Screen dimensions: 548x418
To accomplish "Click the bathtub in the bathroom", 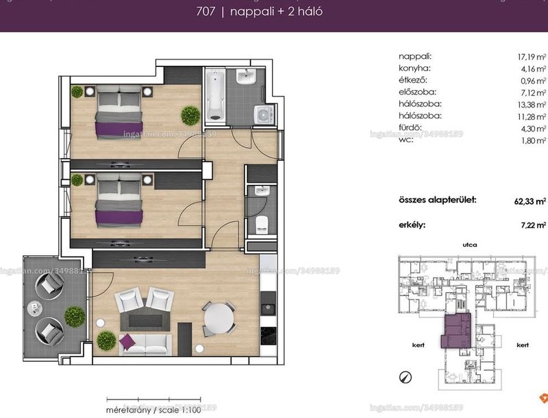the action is click(x=214, y=95).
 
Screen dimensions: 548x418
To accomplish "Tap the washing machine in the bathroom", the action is click(x=264, y=114).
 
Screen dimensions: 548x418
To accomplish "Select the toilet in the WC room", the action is click(x=262, y=224).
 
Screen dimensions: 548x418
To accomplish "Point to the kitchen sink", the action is click(x=268, y=308).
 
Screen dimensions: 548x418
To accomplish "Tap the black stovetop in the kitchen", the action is click(x=268, y=336).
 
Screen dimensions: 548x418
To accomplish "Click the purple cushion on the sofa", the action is click(x=127, y=341).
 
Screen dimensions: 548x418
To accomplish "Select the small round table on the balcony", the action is click(x=35, y=309).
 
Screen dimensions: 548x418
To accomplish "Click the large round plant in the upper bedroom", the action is click(x=190, y=116).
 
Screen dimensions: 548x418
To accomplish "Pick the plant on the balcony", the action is click(x=75, y=317).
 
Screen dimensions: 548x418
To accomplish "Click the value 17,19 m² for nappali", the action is click(x=532, y=57).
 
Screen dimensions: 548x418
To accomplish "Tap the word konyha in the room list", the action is click(x=414, y=68).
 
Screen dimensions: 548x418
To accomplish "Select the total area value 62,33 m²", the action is click(x=530, y=201).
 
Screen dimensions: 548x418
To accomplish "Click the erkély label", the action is click(x=412, y=225).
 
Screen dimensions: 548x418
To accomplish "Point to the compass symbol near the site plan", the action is click(x=406, y=377).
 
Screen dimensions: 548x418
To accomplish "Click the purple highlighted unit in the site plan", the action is click(x=457, y=330).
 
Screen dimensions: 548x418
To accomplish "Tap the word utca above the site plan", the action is click(x=470, y=245).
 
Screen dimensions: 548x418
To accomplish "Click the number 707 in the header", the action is click(x=206, y=12).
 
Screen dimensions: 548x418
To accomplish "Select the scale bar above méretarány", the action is click(x=153, y=399).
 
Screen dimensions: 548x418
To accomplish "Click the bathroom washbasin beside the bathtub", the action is click(x=247, y=77).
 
